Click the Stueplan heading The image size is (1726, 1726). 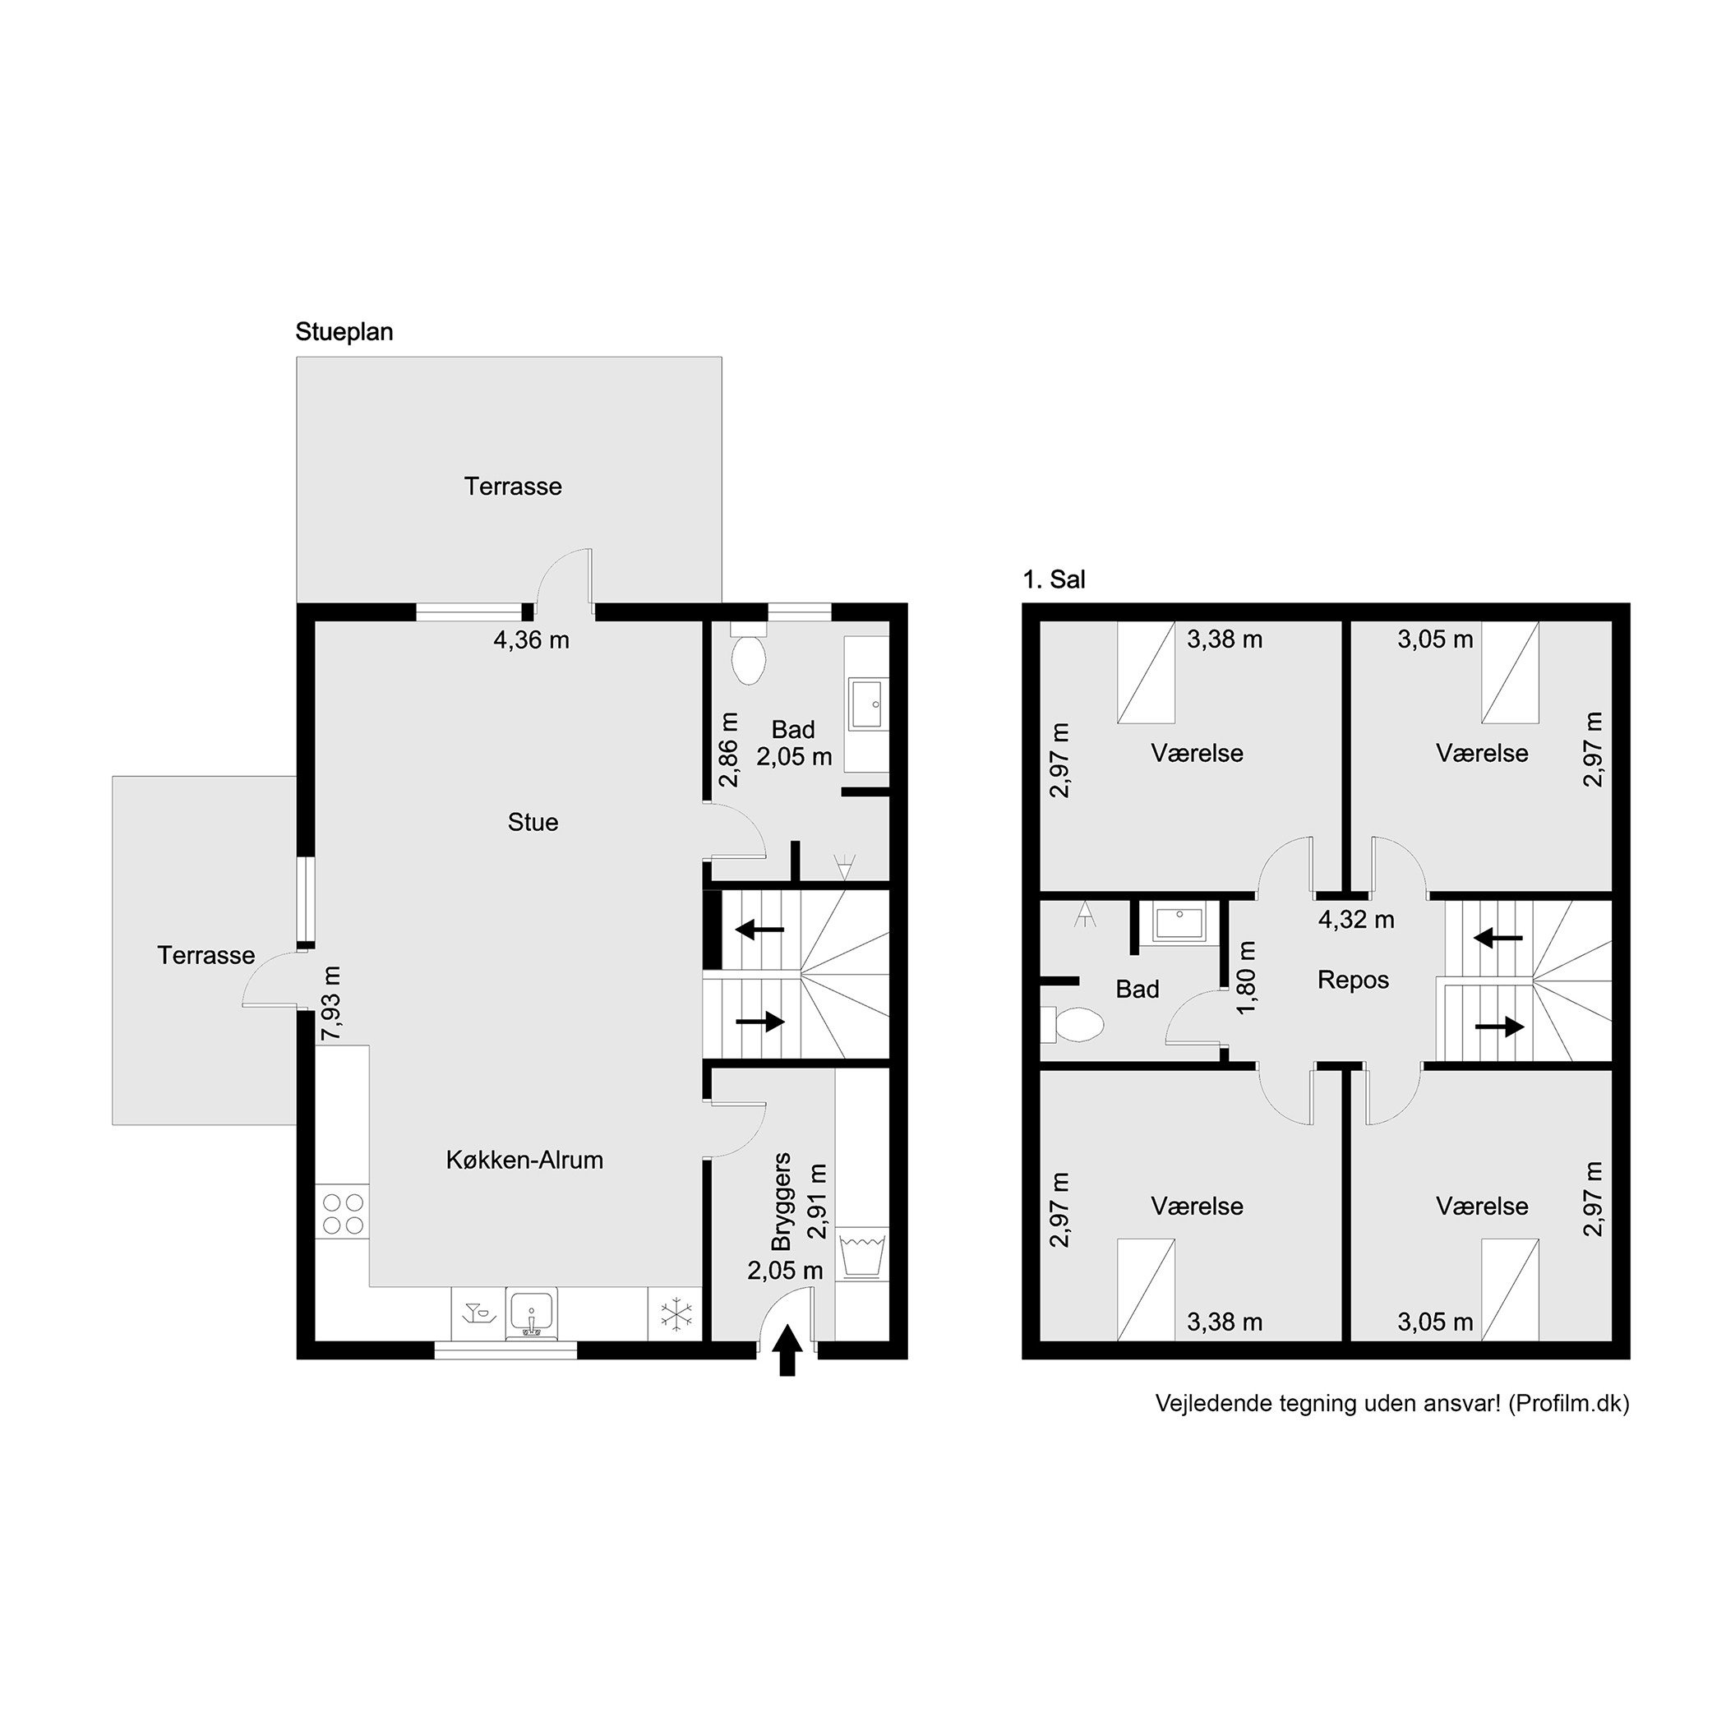pos(344,332)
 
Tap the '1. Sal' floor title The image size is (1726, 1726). pos(1054,579)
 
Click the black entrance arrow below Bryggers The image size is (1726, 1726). pos(787,1350)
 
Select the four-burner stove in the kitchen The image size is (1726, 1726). pos(343,1213)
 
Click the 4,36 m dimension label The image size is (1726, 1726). pos(532,639)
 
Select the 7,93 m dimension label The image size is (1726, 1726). pos(331,1003)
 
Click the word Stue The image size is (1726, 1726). pos(533,822)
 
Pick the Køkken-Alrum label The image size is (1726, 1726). pos(524,1160)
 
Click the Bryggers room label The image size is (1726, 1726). pos(782,1202)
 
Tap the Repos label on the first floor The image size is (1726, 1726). pos(1353,980)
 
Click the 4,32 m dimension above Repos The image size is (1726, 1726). pos(1356,919)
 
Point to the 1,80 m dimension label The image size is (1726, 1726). pos(1246,976)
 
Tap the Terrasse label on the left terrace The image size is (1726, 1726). pos(206,955)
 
